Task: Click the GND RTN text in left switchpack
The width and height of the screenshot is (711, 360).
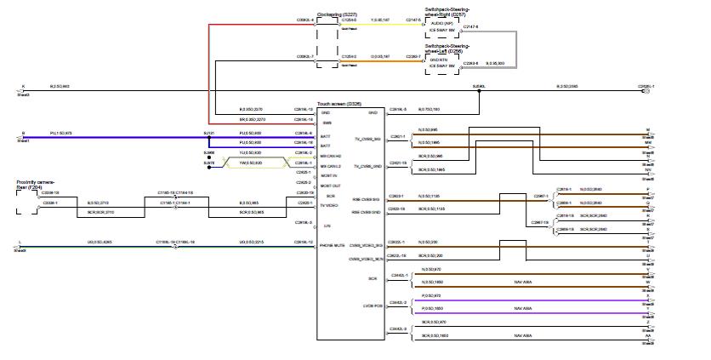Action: coord(437,59)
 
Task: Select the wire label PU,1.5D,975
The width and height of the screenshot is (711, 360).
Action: coord(61,134)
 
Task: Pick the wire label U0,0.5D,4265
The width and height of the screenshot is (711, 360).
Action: coord(100,243)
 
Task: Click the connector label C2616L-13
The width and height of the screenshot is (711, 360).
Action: coord(304,110)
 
